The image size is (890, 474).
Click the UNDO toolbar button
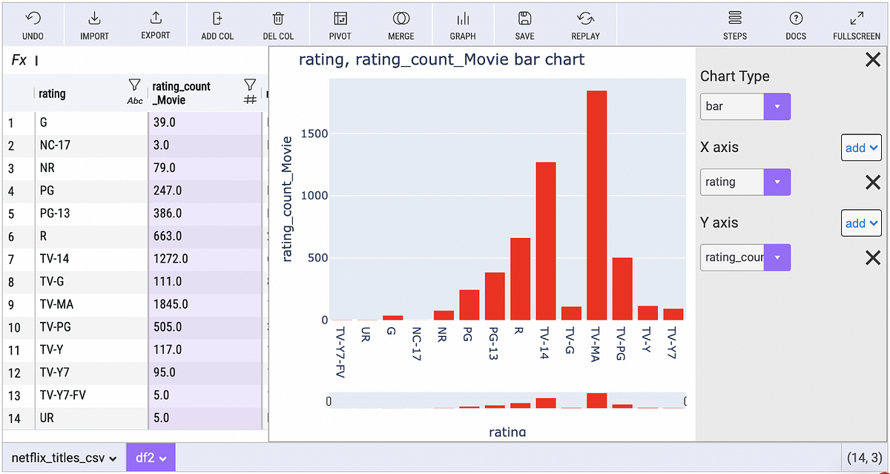pyautogui.click(x=33, y=25)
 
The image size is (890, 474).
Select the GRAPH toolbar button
pyautogui.click(x=463, y=25)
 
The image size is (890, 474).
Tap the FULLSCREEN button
pyautogui.click(x=856, y=25)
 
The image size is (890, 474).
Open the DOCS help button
pyautogui.click(x=796, y=25)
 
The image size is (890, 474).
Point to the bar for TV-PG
pyautogui.click(x=622, y=289)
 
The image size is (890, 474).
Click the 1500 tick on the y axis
pyautogui.click(x=314, y=134)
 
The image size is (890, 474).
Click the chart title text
pyautogui.click(x=441, y=60)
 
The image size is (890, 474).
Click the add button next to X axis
pyautogui.click(x=860, y=148)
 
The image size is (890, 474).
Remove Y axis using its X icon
pyautogui.click(x=873, y=257)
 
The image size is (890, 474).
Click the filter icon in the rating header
pyautogui.click(x=134, y=86)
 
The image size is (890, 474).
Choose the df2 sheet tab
pyautogui.click(x=151, y=458)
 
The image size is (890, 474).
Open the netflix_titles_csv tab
pyautogui.click(x=64, y=458)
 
